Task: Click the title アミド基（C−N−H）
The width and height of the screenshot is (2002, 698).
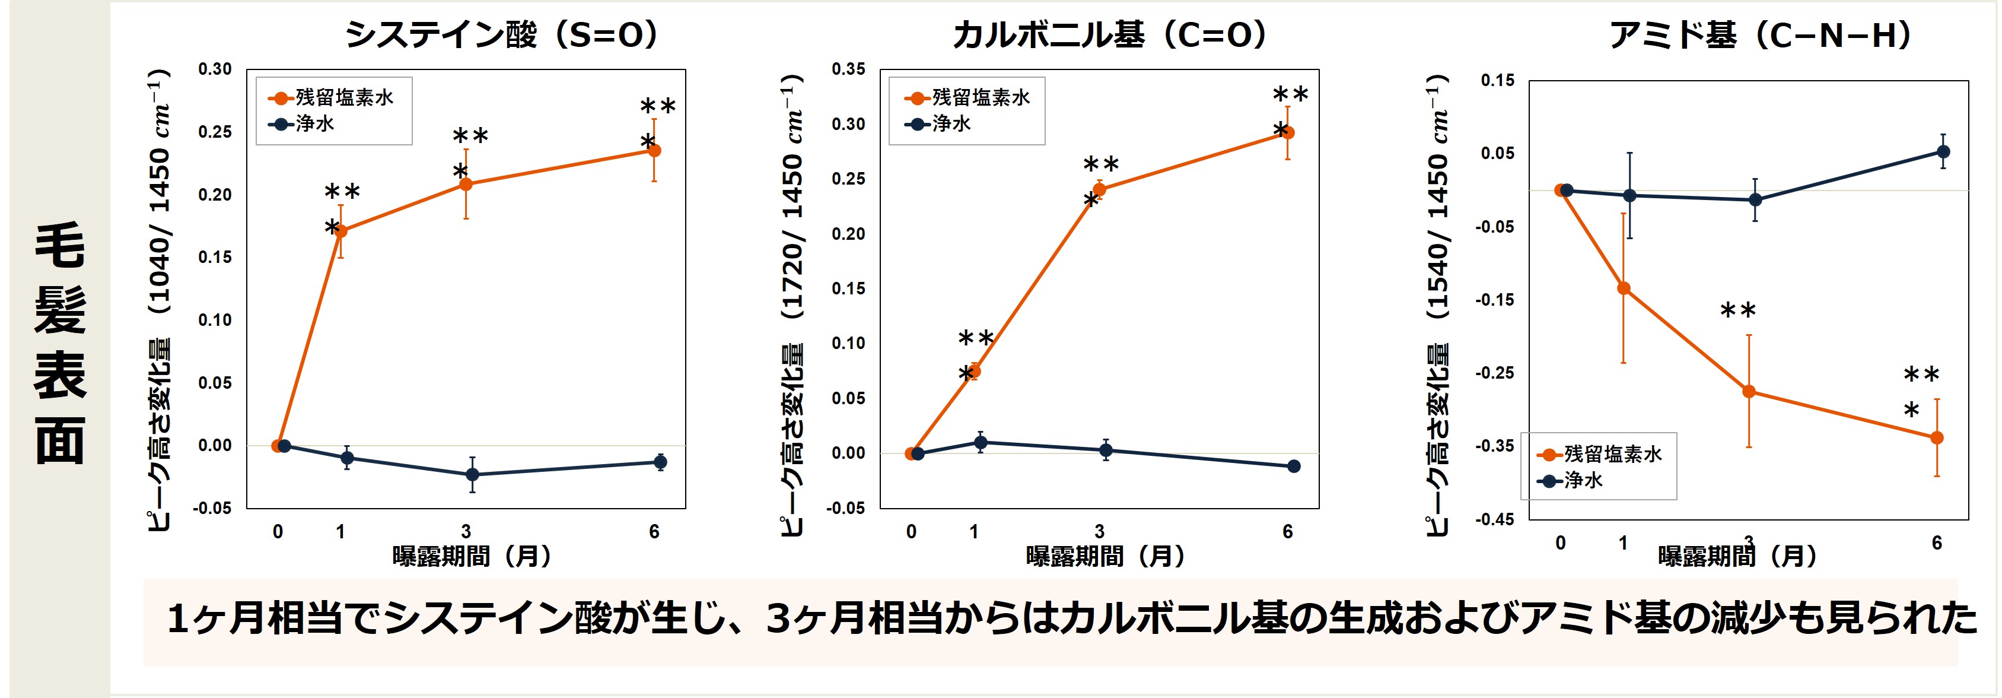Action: tap(1761, 35)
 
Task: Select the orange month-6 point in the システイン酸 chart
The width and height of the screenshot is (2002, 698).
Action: tap(654, 150)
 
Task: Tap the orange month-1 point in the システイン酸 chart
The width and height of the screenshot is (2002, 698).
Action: tap(340, 231)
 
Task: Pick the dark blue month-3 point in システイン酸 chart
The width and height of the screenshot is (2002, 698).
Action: tap(472, 474)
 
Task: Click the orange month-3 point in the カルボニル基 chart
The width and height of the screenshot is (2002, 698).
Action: tap(1099, 189)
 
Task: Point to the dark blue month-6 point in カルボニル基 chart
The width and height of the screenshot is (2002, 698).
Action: tap(1294, 467)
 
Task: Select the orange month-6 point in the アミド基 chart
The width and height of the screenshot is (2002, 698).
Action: tap(1937, 437)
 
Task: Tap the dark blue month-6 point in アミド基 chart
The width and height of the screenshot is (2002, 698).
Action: tap(1943, 151)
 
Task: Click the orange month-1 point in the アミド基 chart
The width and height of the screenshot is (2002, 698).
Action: tap(1624, 288)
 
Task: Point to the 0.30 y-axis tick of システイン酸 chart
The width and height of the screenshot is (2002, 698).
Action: tap(215, 69)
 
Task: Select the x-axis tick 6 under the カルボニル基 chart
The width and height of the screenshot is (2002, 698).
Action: tap(1288, 532)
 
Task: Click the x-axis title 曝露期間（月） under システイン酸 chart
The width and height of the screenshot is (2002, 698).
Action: tap(472, 557)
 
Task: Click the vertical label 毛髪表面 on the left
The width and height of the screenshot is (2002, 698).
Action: tap(60, 342)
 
